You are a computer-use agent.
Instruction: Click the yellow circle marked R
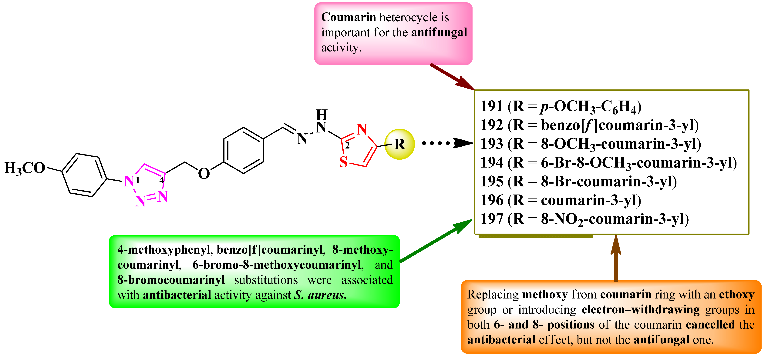pos(399,144)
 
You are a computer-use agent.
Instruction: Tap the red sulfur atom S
pos(343,162)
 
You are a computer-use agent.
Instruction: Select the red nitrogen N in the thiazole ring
pos(362,130)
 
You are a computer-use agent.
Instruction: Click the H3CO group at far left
pos(24,168)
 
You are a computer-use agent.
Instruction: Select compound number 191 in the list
pos(492,106)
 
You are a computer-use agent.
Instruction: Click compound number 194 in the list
pos(492,163)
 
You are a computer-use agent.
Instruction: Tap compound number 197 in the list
pos(492,219)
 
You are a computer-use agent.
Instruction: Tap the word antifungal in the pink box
pos(439,32)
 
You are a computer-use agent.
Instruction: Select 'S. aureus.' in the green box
pos(320,295)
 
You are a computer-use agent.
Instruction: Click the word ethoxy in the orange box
pos(736,295)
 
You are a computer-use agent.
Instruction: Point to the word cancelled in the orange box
pos(710,325)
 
